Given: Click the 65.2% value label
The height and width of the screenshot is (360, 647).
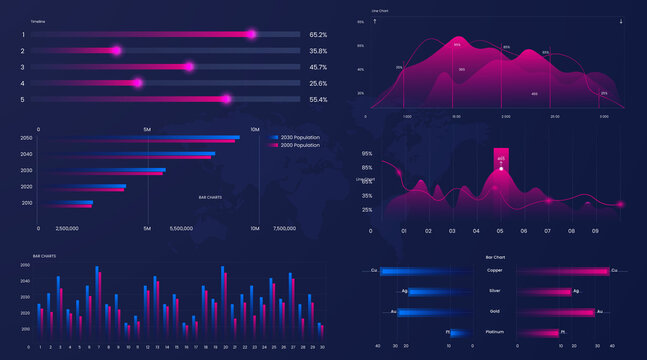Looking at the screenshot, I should [x=318, y=34].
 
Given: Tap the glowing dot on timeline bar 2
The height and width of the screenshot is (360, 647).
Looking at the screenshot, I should [x=116, y=50].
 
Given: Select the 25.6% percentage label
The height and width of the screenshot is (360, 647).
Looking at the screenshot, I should [x=318, y=83].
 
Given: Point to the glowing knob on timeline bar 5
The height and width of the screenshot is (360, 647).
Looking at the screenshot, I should [x=226, y=99].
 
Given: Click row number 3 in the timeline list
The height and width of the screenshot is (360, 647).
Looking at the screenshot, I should [x=23, y=67].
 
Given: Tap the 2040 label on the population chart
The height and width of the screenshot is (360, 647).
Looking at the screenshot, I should [x=26, y=154].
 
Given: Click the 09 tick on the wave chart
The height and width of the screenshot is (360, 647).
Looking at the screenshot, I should [x=595, y=231].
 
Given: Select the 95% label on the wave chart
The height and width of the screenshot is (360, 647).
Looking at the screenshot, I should [x=367, y=153].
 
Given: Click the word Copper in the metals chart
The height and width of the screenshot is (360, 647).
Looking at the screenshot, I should [x=495, y=270].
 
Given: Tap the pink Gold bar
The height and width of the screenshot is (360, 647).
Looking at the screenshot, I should [x=555, y=312].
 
